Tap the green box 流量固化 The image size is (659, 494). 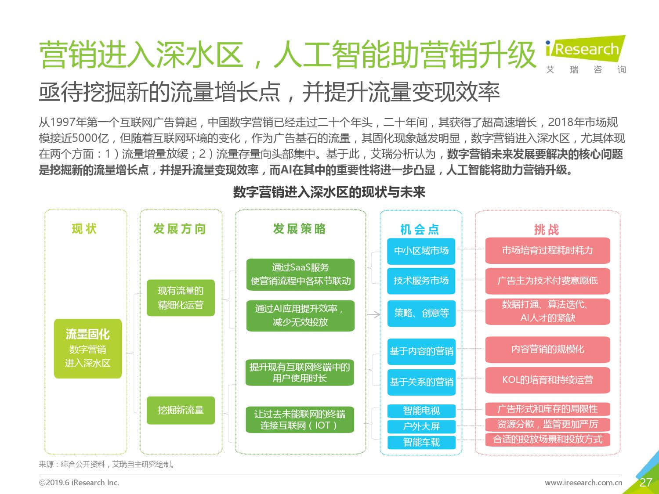pos(88,349)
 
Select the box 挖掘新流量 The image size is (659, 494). pos(181,410)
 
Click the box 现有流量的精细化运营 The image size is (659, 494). pos(181,298)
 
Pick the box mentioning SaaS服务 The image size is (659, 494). pos(300,274)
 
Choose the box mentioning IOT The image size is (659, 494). pos(300,420)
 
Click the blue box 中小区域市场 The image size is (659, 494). pos(421,251)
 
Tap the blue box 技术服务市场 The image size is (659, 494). pos(421,281)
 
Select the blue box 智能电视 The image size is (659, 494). pos(421,411)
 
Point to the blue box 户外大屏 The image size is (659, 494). pos(421,426)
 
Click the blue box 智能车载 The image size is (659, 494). pos(421,443)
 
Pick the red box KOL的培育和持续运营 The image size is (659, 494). pos(547,380)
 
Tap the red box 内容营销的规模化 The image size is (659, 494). pos(547,350)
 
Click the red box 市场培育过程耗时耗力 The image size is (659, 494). pos(547,250)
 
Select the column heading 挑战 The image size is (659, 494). pos(547,230)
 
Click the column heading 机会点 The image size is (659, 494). pos(420,230)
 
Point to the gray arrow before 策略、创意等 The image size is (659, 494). pos(374,315)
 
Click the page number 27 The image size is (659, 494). pos(645,482)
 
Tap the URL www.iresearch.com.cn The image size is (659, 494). pos(583,482)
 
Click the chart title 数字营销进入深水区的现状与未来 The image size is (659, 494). pos(329,192)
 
